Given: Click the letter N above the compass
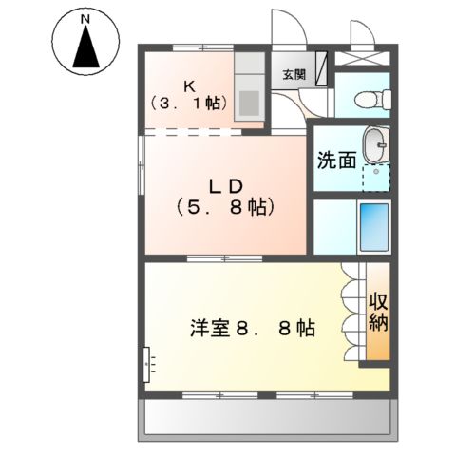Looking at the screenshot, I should coord(85,18).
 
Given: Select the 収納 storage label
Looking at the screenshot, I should coord(378,312).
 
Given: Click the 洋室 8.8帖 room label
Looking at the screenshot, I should coord(253,329).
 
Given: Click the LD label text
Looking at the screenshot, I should coord(226,184).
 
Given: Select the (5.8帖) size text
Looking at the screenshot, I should coord(226,206).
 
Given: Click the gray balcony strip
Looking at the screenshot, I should coord(266,419).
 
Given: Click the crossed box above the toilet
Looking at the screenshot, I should coord(366,55).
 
